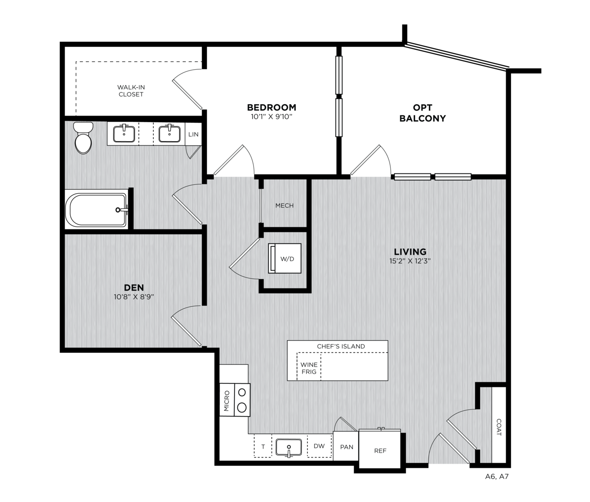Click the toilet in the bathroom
pyautogui.click(x=83, y=138)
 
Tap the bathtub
pyautogui.click(x=96, y=210)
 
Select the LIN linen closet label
pyautogui.click(x=193, y=134)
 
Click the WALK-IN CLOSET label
pyautogui.click(x=131, y=90)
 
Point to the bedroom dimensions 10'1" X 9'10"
pyautogui.click(x=272, y=116)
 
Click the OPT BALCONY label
pyautogui.click(x=423, y=113)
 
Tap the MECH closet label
pyautogui.click(x=284, y=206)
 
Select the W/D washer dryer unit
pyautogui.click(x=285, y=258)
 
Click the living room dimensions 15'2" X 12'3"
pyautogui.click(x=410, y=261)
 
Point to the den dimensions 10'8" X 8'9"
pyautogui.click(x=134, y=297)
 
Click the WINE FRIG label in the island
pyautogui.click(x=309, y=368)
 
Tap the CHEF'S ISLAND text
pyautogui.click(x=341, y=346)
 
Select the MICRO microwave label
pyautogui.click(x=227, y=401)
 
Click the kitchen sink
pyautogui.click(x=288, y=447)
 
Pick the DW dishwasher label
pyautogui.click(x=319, y=446)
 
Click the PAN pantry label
pyautogui.click(x=347, y=447)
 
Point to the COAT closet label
pyautogui.click(x=499, y=427)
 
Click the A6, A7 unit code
pyautogui.click(x=497, y=476)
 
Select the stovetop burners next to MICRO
pyautogui.click(x=242, y=400)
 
